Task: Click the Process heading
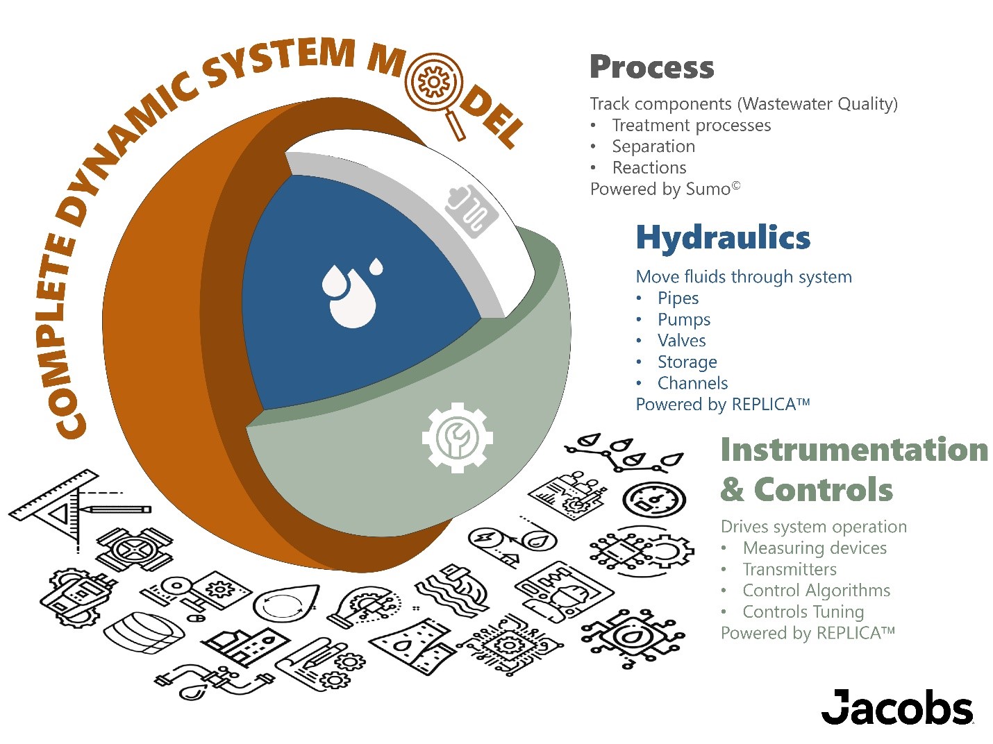point(651,67)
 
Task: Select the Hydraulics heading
point(723,237)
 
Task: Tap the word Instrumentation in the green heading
point(854,449)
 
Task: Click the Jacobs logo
point(897,707)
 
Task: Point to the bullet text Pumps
point(684,319)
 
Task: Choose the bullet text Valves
point(681,341)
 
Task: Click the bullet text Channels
point(692,383)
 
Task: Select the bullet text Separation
point(653,146)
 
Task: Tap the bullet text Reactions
point(649,168)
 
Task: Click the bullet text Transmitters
point(790,570)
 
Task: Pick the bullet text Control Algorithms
point(816,591)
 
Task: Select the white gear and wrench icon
point(457,437)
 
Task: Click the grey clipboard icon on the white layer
point(472,210)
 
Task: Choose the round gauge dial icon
point(653,499)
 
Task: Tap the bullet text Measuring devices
point(815,548)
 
